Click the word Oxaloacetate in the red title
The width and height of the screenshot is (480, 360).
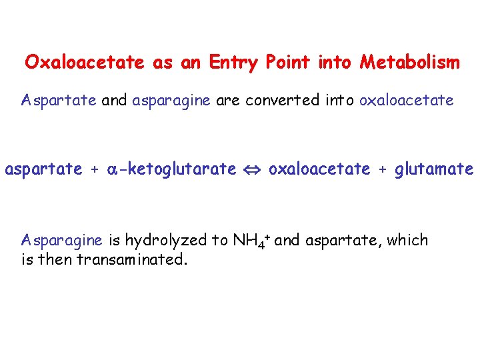pos(85,63)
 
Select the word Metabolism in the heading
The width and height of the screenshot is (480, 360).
pos(409,63)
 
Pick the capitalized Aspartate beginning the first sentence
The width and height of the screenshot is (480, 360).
pos(59,101)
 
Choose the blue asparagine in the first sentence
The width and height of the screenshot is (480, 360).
pos(171,101)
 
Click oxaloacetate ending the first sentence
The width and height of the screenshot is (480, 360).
pos(406,101)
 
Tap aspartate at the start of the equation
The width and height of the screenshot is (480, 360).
pos(43,169)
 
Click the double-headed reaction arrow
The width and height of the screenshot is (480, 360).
pos(252,170)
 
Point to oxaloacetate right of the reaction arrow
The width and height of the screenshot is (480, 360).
pos(319,169)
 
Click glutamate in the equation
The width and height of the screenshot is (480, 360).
pos(433,169)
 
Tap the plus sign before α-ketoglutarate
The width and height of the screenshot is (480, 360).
pos(95,170)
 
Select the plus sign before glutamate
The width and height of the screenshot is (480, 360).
pos(382,170)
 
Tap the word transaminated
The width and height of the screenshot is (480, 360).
pos(132,259)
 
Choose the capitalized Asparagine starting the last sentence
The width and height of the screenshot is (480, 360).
pos(61,241)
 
